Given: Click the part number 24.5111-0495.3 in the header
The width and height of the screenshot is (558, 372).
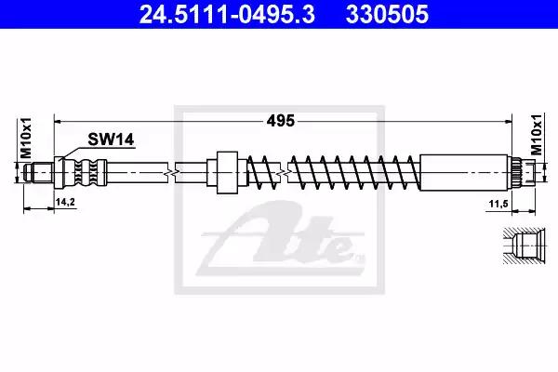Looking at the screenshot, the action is (x=227, y=15).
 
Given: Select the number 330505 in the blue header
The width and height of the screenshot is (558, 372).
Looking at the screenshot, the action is (x=387, y=15).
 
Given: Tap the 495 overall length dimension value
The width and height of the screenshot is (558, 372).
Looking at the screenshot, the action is (x=281, y=121).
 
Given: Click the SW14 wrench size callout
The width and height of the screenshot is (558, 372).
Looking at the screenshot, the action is (x=111, y=139).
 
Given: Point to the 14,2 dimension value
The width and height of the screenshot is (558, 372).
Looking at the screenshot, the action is (x=65, y=202).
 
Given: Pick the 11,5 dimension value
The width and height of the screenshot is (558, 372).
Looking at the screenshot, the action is (x=498, y=204).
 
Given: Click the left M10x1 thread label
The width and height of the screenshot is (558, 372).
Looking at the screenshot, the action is (x=26, y=138).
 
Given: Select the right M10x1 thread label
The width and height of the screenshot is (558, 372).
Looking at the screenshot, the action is (x=536, y=134).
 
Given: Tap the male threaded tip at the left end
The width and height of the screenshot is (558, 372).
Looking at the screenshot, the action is (x=38, y=173).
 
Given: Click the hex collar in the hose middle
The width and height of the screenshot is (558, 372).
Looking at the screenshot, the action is (x=227, y=173).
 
